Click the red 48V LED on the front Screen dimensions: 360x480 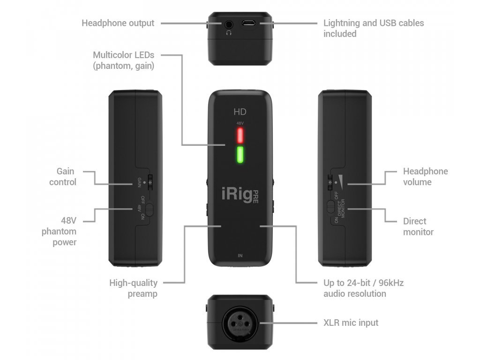coord(240,135)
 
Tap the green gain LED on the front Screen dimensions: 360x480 coord(240,155)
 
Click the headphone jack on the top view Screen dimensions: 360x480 coord(229,23)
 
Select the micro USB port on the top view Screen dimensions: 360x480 coord(248,22)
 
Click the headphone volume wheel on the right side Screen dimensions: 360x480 coord(330,181)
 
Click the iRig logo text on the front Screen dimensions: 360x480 coord(237,194)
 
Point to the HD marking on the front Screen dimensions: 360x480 coord(240,112)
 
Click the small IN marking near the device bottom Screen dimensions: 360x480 coord(240,255)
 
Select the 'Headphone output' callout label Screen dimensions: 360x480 coord(118,23)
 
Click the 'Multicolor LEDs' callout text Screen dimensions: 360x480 coord(123,60)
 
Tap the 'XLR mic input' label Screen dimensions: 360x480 coord(351,322)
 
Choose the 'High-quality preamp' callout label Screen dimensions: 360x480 coord(134,288)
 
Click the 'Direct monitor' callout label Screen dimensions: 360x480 coord(418,226)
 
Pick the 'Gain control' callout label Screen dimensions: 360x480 coord(63,177)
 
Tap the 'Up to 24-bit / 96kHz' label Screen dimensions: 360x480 coord(363,288)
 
